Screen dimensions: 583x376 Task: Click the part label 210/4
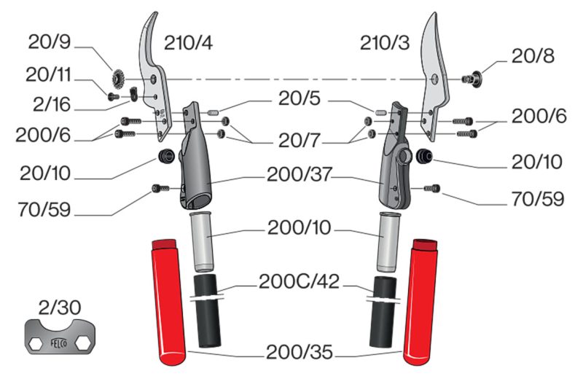coord(188,43)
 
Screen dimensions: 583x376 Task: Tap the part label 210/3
coord(385,43)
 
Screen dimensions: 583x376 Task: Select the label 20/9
coord(50,42)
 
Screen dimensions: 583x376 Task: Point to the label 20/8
coord(533,56)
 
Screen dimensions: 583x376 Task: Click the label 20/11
coord(48,75)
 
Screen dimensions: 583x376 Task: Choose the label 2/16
coord(52,104)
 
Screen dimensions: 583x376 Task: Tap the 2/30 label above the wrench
coord(60,308)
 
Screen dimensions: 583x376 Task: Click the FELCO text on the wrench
coord(59,343)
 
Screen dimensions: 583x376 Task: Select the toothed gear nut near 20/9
coord(119,79)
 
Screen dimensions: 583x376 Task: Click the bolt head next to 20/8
coord(472,79)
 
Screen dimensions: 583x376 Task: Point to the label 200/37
coord(299,174)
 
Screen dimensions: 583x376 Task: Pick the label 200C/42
coord(299,282)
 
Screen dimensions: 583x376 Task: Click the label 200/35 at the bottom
coord(300,352)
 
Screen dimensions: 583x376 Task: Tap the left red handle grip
coord(168,302)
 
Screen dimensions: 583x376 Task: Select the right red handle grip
coord(421,302)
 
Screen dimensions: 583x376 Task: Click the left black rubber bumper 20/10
coord(166,155)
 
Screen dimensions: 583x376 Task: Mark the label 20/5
coord(300,98)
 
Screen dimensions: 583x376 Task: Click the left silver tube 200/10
coord(201,241)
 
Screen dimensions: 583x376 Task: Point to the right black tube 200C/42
coord(383,312)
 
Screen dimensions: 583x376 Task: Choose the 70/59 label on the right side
coord(538,200)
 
